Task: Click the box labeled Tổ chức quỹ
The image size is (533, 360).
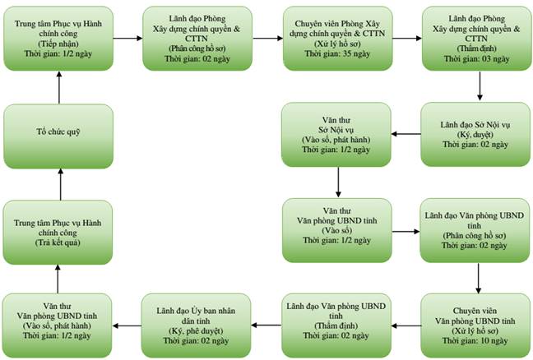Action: point(58,136)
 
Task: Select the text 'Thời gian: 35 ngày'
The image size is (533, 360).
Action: point(337,53)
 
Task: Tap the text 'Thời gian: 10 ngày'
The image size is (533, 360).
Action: point(475,340)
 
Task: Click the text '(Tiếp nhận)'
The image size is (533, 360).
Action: point(58,44)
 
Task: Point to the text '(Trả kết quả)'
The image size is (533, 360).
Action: point(58,242)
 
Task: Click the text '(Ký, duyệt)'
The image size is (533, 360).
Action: point(475,135)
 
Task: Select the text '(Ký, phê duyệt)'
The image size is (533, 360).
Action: point(196,330)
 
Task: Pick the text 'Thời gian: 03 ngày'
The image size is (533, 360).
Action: point(476,58)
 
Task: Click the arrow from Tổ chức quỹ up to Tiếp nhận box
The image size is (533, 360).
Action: point(59,88)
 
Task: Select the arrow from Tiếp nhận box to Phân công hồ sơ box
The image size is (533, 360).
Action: point(127,39)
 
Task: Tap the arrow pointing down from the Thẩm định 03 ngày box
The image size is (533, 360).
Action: point(480,86)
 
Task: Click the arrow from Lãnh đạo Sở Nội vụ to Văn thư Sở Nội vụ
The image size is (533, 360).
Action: point(406,134)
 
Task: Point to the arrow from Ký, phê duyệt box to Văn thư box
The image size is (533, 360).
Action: point(127,326)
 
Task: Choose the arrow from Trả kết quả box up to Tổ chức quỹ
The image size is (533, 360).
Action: point(61,184)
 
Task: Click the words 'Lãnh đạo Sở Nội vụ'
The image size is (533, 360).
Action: point(475,125)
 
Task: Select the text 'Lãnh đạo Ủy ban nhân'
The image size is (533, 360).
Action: point(196,311)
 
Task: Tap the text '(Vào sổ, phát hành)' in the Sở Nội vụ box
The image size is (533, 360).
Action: point(336,140)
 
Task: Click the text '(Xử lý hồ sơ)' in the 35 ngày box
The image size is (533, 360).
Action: point(337,44)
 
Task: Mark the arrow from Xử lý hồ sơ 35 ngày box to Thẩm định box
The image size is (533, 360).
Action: point(407,39)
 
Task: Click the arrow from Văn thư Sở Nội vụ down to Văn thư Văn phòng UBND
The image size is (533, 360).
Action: point(338,182)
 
